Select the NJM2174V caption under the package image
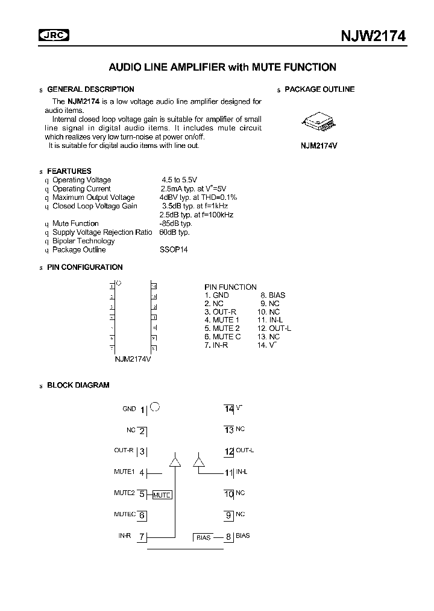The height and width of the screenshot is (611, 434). pyautogui.click(x=319, y=146)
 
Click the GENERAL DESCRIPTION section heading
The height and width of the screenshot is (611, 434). pyautogui.click(x=90, y=89)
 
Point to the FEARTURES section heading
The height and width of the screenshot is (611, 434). pyautogui.click(x=69, y=171)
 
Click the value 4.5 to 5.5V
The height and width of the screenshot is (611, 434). pyautogui.click(x=181, y=180)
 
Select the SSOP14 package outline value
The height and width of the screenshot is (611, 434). pyautogui.click(x=174, y=250)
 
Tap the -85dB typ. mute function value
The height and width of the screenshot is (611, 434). pyautogui.click(x=175, y=223)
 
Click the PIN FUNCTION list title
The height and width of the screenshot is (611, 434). pyautogui.click(x=230, y=287)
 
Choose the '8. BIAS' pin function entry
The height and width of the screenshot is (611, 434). pyautogui.click(x=272, y=295)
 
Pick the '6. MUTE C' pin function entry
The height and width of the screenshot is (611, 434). pyautogui.click(x=222, y=337)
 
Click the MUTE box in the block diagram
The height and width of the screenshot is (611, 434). pyautogui.click(x=162, y=495)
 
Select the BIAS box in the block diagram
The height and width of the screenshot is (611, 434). pyautogui.click(x=204, y=537)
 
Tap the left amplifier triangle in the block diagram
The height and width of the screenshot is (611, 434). pyautogui.click(x=175, y=462)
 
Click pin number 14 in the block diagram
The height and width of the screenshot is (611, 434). pyautogui.click(x=229, y=409)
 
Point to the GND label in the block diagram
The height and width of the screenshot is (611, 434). pyautogui.click(x=129, y=409)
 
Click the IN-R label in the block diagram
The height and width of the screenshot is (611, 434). pyautogui.click(x=124, y=536)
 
